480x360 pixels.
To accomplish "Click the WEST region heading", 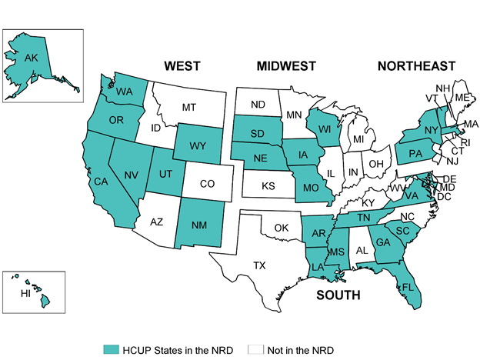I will [x=182, y=67].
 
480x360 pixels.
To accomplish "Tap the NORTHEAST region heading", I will [x=416, y=67].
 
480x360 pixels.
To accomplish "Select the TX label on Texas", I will [x=260, y=266].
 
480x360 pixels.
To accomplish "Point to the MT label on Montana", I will [x=189, y=108].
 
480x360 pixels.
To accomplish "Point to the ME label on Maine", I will [x=462, y=98].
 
